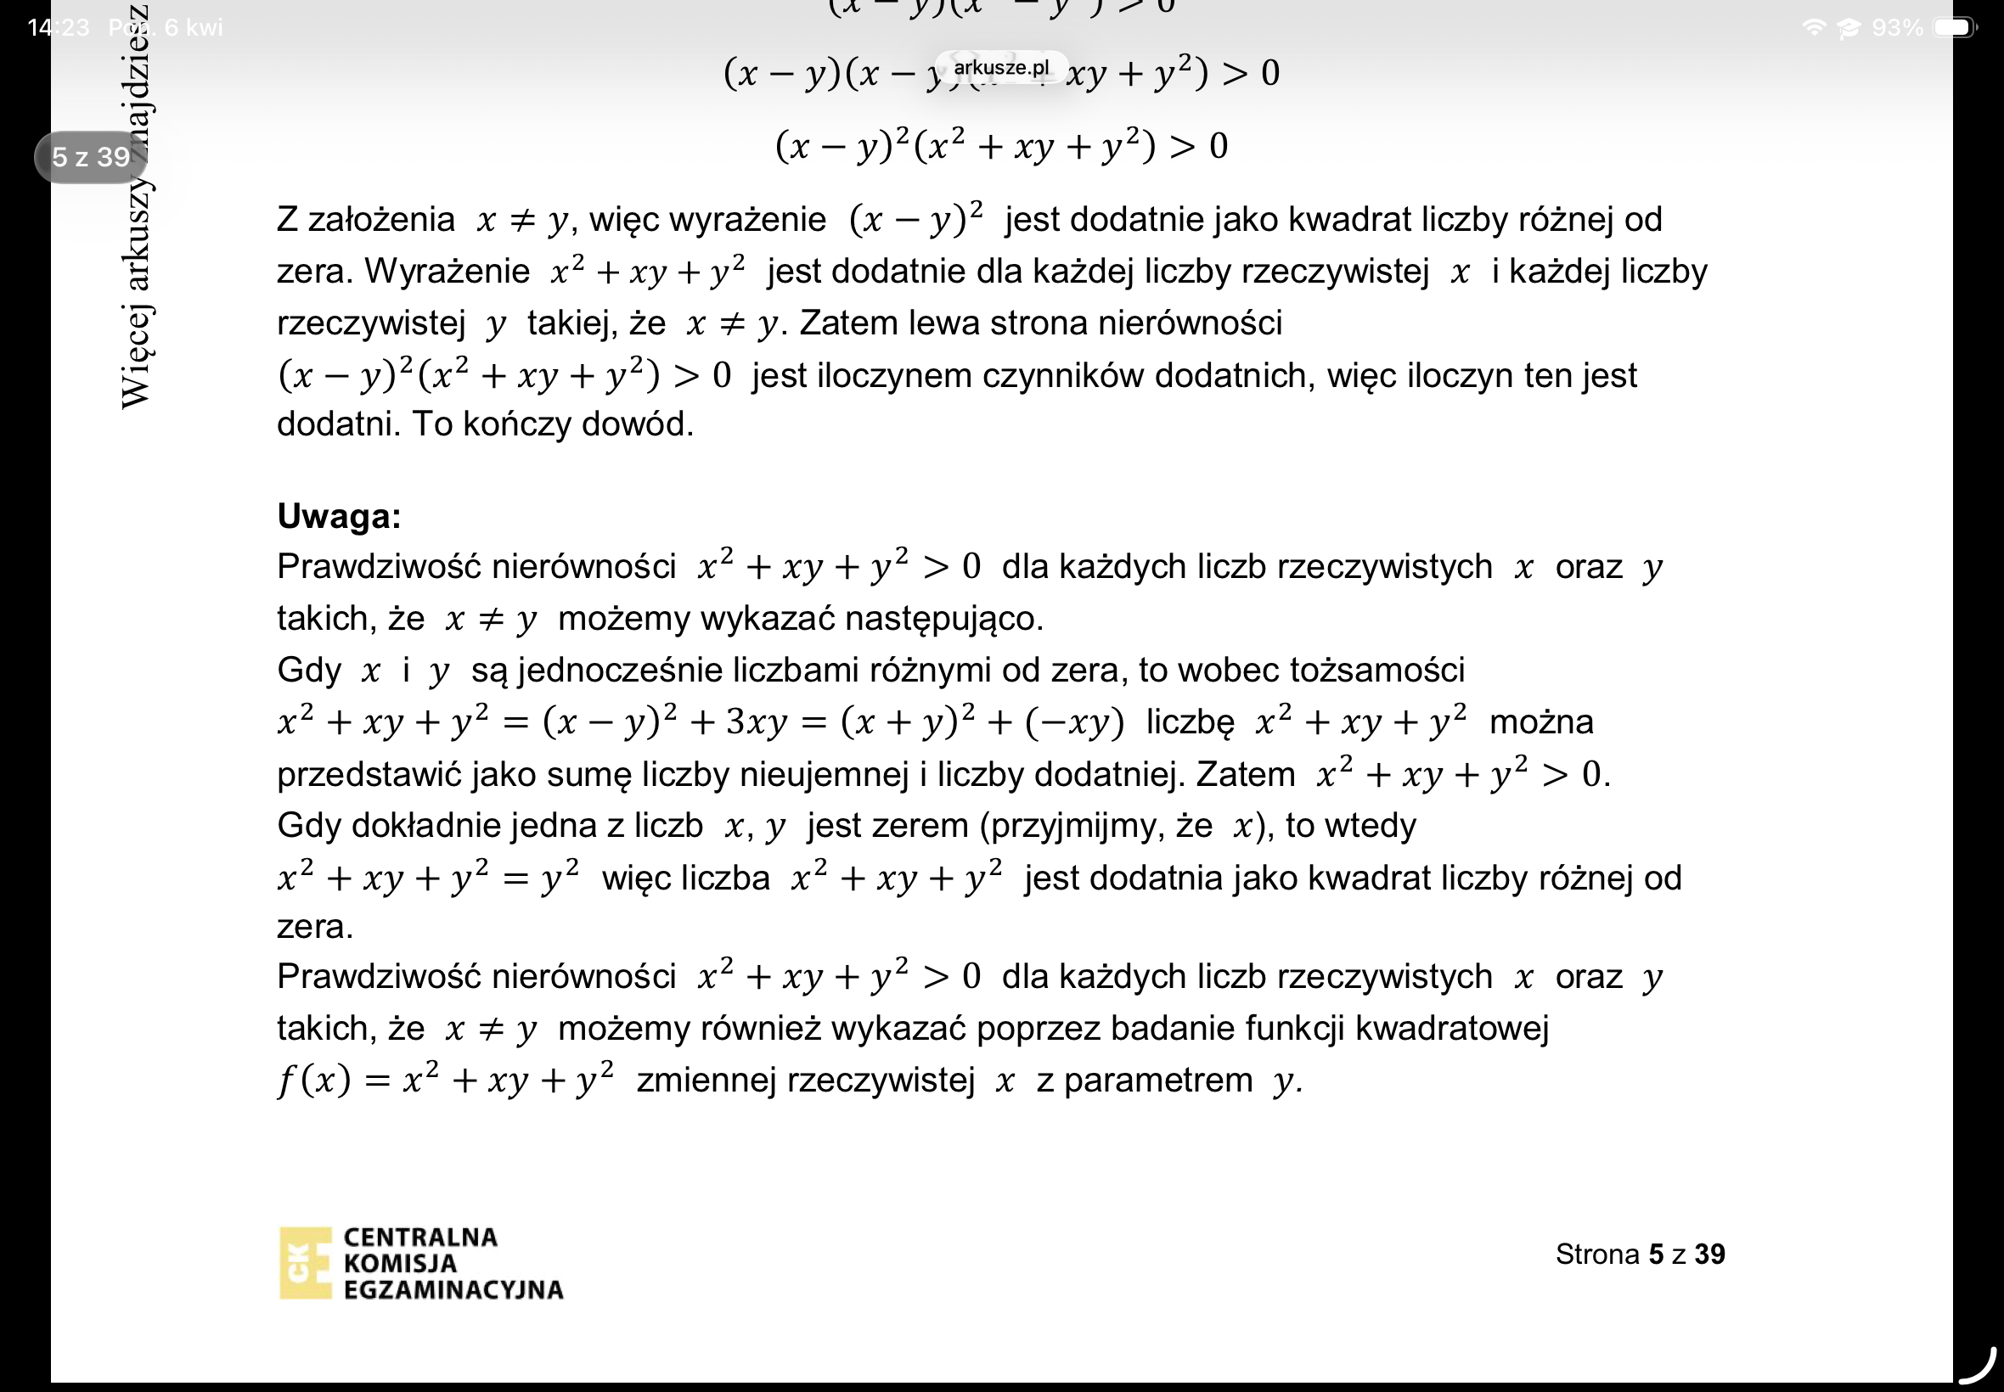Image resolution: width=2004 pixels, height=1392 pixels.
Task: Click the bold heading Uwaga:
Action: (x=339, y=516)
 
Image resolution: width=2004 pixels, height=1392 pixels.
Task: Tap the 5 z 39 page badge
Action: (x=91, y=157)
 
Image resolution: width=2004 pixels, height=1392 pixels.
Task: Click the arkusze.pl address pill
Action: (x=1000, y=67)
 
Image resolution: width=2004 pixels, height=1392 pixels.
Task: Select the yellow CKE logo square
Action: (x=306, y=1263)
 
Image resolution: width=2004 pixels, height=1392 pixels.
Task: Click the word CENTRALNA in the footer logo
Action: (x=420, y=1237)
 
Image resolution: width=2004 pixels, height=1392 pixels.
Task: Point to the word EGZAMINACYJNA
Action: (x=453, y=1289)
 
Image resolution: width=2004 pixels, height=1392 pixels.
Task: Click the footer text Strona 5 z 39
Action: (x=1640, y=1254)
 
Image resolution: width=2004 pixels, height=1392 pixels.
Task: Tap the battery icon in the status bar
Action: (x=1954, y=28)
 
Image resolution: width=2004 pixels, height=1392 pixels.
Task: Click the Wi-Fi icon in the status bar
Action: (x=1813, y=28)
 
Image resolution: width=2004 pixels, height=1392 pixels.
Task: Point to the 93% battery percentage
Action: (x=1897, y=28)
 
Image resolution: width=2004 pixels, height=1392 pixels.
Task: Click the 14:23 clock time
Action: (x=58, y=28)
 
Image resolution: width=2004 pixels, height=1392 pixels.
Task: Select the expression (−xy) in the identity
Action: (x=1074, y=723)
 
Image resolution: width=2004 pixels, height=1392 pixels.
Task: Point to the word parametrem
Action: (x=1157, y=1080)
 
